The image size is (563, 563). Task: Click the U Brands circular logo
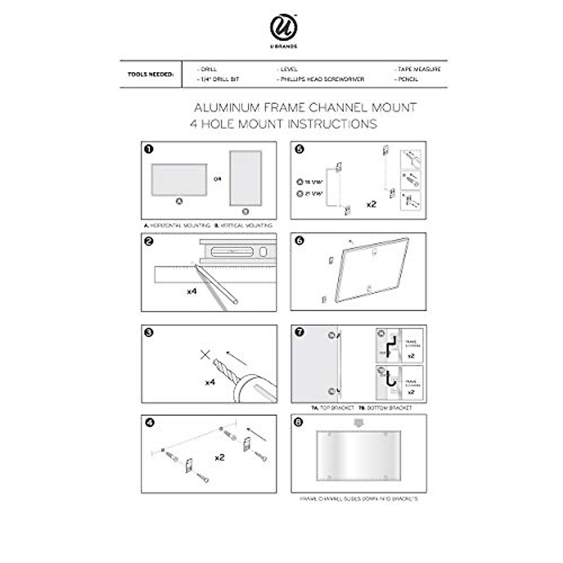(284, 28)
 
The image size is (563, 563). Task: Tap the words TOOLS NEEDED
(151, 74)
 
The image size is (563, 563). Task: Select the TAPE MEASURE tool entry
(418, 69)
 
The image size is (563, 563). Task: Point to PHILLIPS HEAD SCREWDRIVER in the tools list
(322, 79)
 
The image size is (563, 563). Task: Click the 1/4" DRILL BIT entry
(219, 79)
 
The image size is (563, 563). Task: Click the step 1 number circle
(149, 149)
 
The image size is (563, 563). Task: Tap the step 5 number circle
(299, 149)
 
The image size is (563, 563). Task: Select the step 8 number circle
(299, 422)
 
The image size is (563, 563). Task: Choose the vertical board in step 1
(245, 178)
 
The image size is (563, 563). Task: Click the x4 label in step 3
(210, 382)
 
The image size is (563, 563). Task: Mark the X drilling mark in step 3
(205, 355)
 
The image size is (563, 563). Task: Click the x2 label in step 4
(219, 457)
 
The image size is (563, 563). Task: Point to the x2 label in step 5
(371, 205)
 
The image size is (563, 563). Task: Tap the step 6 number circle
(299, 241)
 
